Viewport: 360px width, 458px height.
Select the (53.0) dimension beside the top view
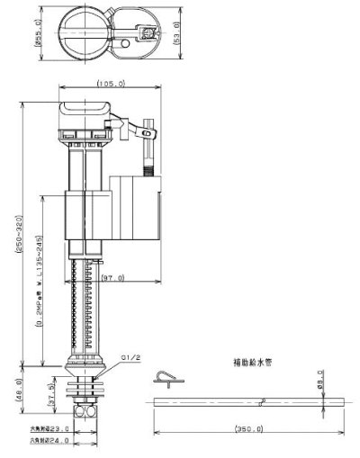tap(181, 32)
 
